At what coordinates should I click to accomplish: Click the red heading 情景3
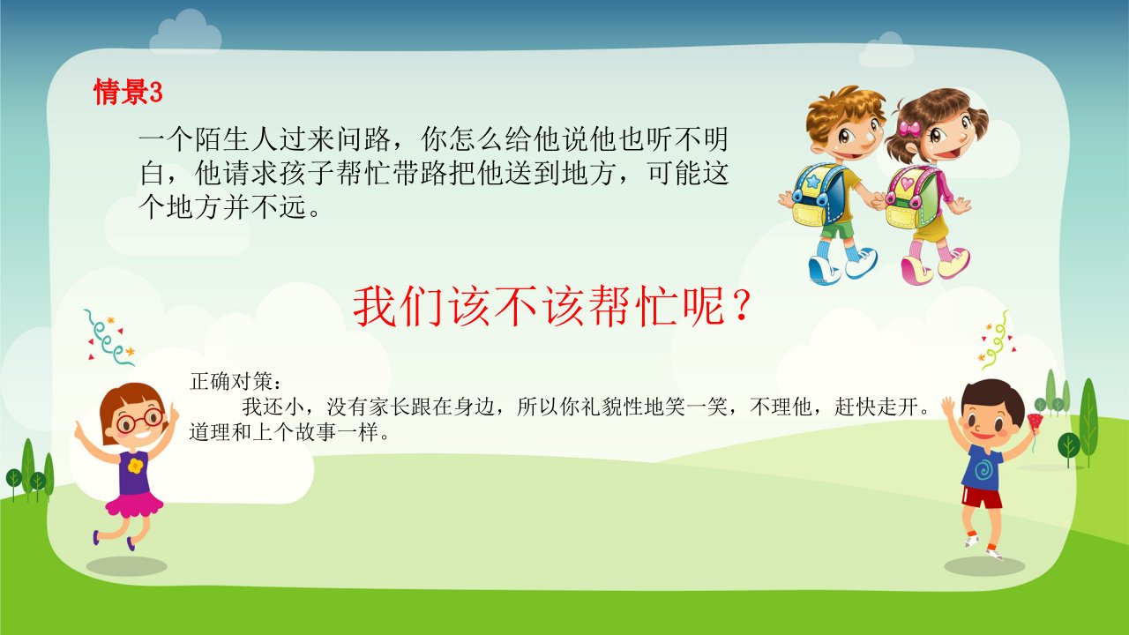point(128,92)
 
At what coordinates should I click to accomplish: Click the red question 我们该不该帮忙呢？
point(553,306)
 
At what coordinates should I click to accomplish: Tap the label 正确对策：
point(236,382)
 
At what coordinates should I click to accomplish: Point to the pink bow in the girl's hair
point(909,128)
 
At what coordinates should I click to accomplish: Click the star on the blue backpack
point(812,182)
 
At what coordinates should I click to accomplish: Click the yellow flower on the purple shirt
point(135,466)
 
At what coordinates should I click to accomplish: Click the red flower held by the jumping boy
point(1034,422)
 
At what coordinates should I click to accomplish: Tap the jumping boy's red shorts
point(982,497)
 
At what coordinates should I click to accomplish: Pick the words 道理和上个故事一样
point(283,432)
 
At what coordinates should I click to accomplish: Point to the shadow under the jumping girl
point(126,566)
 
